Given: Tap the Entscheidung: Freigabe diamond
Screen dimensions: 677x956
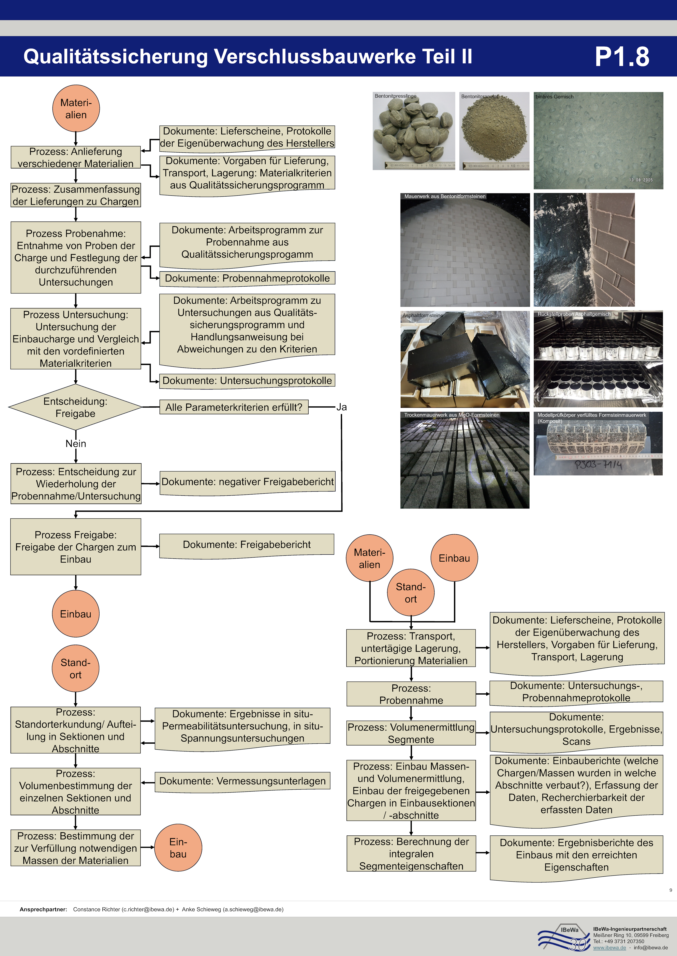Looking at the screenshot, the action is [75, 407].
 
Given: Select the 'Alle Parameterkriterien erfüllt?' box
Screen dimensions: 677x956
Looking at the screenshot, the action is [234, 407].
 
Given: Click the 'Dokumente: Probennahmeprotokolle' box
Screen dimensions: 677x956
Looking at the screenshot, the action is [247, 278].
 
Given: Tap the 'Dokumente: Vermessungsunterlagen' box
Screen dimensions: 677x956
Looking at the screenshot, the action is [242, 781].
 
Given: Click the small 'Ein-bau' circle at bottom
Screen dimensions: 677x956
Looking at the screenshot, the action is [178, 848].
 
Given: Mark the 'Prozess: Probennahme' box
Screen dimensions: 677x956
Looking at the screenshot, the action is [411, 694].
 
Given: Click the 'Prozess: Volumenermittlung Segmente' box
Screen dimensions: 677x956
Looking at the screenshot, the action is [411, 733].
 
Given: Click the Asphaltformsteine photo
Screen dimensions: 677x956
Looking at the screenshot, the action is [465, 359].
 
